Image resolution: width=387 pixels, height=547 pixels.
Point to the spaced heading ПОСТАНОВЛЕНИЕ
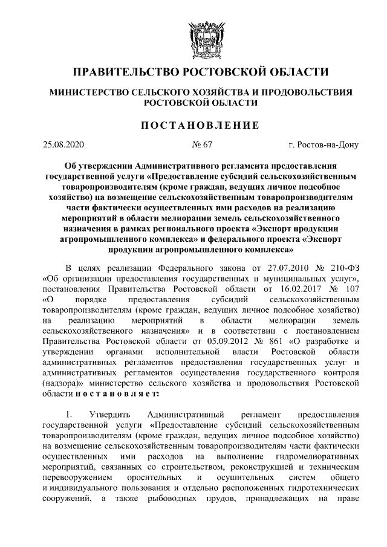pos(193,125)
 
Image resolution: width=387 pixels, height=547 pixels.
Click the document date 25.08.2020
pos(63,145)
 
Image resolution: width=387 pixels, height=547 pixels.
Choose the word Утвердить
pos(108,415)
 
